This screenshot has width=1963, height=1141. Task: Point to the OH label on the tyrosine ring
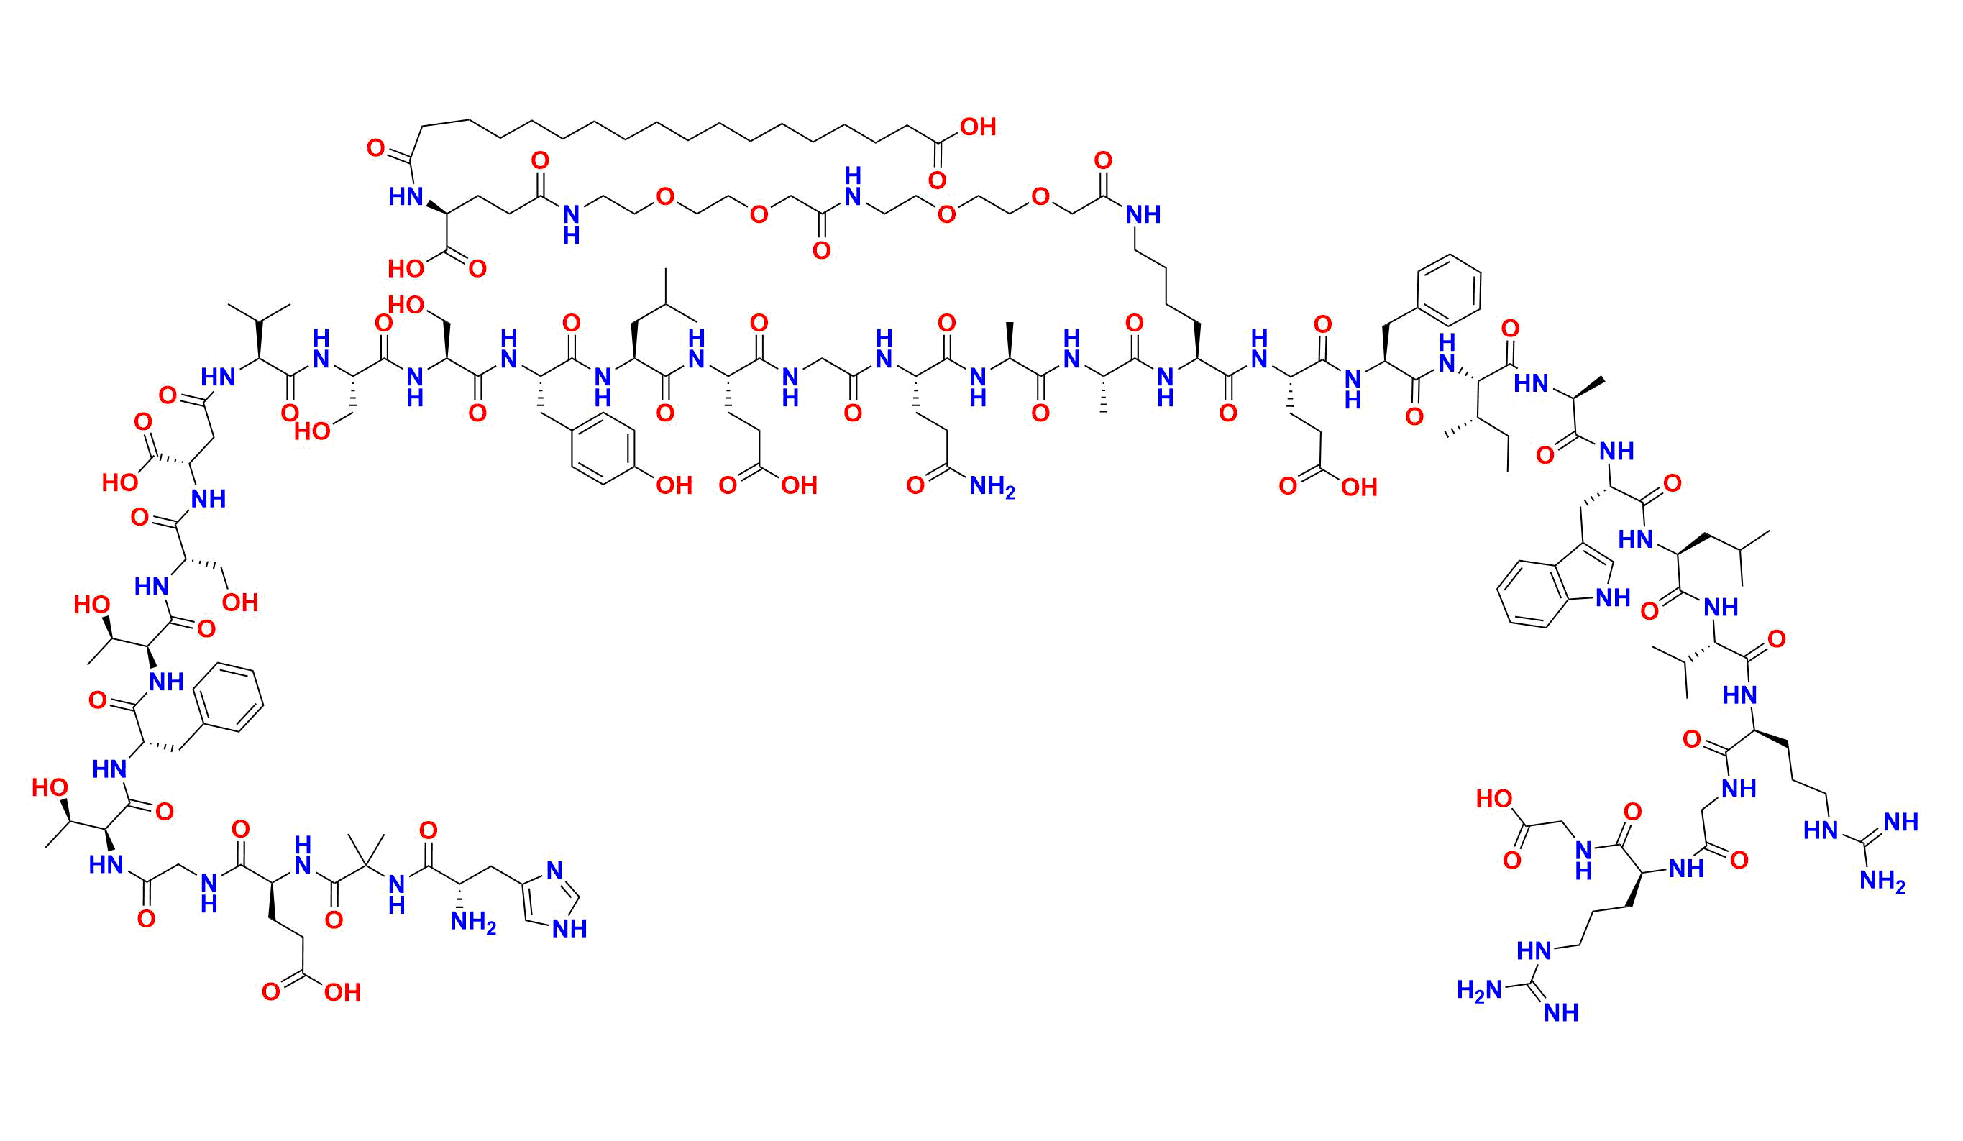tap(674, 486)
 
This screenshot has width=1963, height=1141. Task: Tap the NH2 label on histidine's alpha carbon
tap(474, 924)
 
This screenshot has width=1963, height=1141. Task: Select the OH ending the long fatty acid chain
tap(978, 127)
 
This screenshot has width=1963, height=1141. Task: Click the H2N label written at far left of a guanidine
tap(1478, 990)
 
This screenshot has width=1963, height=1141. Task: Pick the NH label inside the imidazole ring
tap(569, 928)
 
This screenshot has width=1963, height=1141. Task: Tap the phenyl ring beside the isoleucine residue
tap(1449, 290)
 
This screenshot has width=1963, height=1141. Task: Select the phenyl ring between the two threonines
tap(228, 697)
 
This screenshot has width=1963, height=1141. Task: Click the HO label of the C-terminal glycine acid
tap(1494, 798)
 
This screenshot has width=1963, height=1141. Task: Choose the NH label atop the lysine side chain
tap(1143, 214)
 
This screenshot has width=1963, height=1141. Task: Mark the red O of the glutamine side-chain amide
tap(915, 487)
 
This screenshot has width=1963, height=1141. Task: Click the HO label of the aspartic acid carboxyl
tap(121, 483)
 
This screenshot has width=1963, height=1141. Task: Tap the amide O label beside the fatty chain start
tap(375, 148)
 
